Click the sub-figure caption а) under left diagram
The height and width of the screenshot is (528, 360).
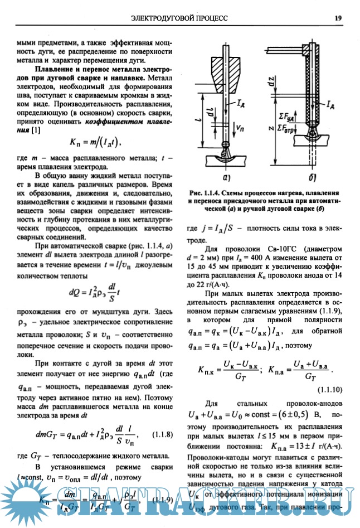click(x=227, y=178)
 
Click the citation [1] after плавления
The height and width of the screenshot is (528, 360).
click(x=35, y=130)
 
